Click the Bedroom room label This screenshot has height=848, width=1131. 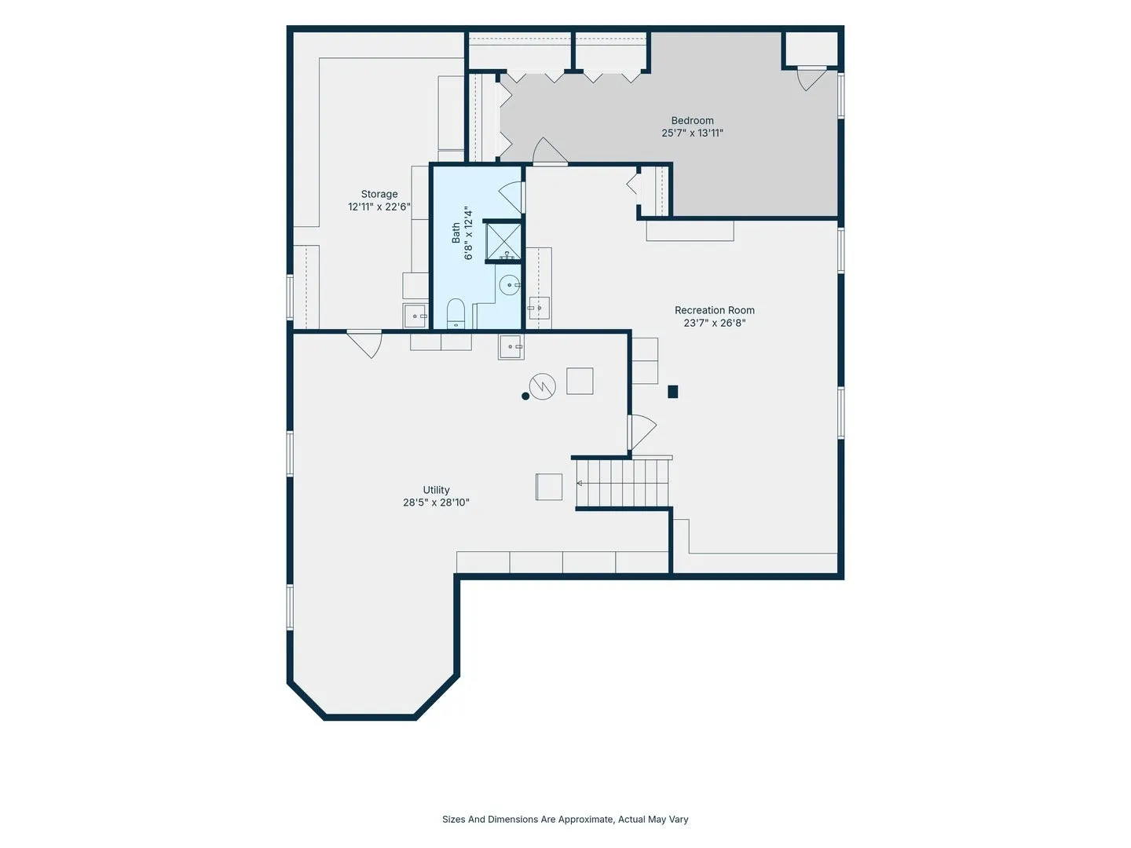point(692,120)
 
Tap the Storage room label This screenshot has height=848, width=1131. point(379,194)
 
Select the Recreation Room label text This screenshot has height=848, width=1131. point(714,310)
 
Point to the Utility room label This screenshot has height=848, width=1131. point(436,490)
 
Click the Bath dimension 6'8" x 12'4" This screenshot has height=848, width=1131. point(468,233)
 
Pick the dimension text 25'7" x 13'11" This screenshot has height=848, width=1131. point(692,133)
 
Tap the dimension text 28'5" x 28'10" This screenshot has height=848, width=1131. point(436,503)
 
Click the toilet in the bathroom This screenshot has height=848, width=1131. point(456,313)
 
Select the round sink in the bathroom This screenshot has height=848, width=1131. point(510,285)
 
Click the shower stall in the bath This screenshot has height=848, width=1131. point(503,241)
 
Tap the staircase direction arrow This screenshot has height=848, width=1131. point(580,483)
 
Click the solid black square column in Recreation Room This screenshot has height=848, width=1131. point(672,392)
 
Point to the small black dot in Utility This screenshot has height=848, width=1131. point(525,396)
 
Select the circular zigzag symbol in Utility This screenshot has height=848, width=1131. point(543,386)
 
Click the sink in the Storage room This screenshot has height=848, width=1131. point(415,316)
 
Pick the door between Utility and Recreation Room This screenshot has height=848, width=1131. point(642,432)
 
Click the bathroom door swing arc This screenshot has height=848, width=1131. point(511,197)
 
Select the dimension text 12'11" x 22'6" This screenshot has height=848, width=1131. point(379,207)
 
